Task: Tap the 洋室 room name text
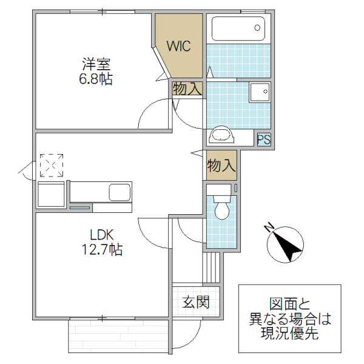click(x=97, y=63)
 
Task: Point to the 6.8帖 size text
click(x=97, y=79)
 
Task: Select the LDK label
click(x=103, y=234)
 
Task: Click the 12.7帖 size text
click(x=103, y=249)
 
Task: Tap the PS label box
click(x=263, y=140)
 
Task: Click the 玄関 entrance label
click(x=196, y=302)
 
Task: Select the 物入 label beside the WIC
click(x=187, y=89)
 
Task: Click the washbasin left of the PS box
click(x=221, y=135)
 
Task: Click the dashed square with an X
click(x=52, y=164)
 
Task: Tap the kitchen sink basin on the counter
click(x=119, y=192)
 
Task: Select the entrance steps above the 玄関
click(x=211, y=268)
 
